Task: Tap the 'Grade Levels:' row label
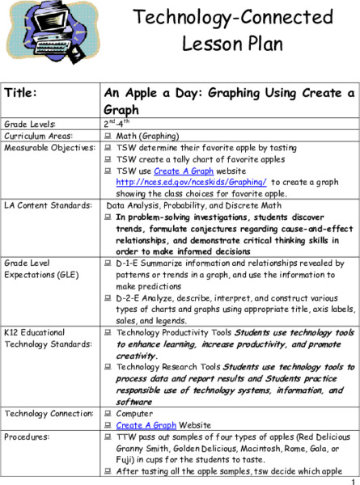[30, 124]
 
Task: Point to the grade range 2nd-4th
[116, 124]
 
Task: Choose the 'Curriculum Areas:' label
[36, 136]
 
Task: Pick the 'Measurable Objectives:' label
[44, 148]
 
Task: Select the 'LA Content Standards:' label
[42, 207]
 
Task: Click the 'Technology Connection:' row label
[47, 413]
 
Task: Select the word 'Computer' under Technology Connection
[134, 413]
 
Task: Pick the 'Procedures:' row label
[28, 436]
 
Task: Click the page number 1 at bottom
[354, 479]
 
